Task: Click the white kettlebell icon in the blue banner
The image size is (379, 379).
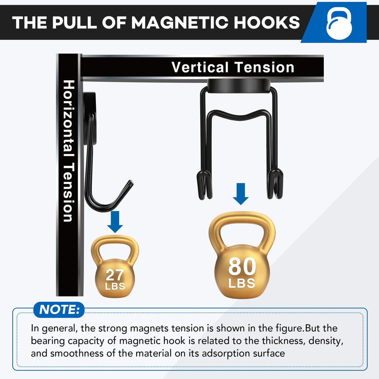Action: click(339, 23)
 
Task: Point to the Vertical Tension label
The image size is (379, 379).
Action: click(233, 67)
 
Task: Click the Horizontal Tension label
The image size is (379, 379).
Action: click(68, 151)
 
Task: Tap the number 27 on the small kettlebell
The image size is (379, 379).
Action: click(115, 275)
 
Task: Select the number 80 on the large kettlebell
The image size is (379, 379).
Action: click(242, 266)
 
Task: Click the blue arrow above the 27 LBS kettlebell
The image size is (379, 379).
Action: click(115, 222)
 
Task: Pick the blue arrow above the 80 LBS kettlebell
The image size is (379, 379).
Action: click(241, 194)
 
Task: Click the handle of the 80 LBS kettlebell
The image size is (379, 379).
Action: click(242, 218)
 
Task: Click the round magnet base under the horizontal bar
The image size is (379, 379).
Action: click(239, 86)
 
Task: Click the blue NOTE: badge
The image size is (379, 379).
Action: click(59, 310)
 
